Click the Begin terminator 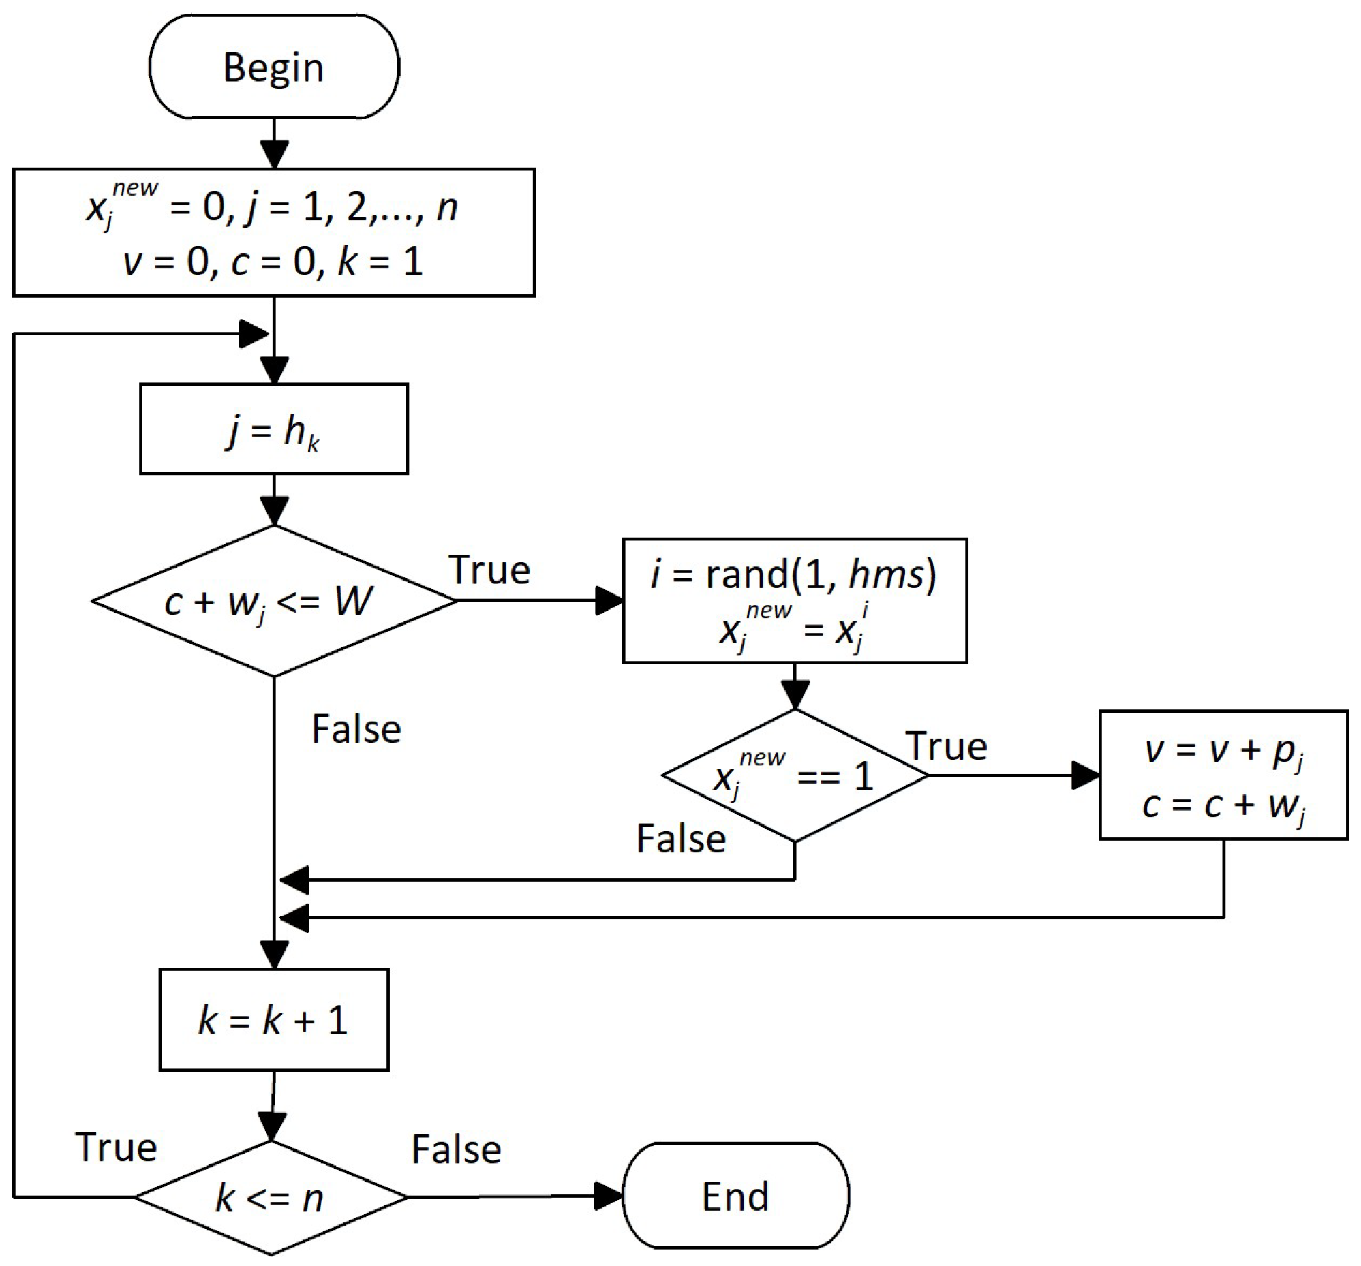(274, 67)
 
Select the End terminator (736, 1196)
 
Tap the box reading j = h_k (274, 429)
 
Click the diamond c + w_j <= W (274, 601)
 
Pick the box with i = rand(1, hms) (794, 601)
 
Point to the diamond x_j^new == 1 (794, 775)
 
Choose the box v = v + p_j (1223, 775)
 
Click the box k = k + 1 (274, 1019)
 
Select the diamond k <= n (271, 1197)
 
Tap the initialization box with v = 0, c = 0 (274, 232)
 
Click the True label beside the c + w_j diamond (489, 570)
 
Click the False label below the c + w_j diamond (356, 729)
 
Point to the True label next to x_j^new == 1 (947, 746)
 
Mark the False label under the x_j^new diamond (682, 838)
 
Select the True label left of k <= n (117, 1147)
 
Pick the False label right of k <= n (456, 1149)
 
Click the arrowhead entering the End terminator (608, 1196)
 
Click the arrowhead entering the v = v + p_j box (1085, 775)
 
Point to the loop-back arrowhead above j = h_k (254, 334)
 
